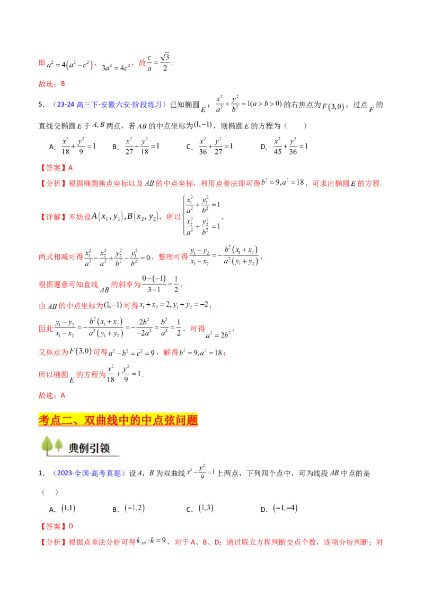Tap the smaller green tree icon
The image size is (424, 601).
click(59, 445)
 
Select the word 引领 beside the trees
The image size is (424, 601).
click(103, 448)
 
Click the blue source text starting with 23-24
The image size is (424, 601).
click(110, 105)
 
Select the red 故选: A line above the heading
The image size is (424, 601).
click(52, 395)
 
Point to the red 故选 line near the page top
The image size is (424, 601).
click(52, 84)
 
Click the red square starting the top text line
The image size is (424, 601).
click(41, 63)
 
